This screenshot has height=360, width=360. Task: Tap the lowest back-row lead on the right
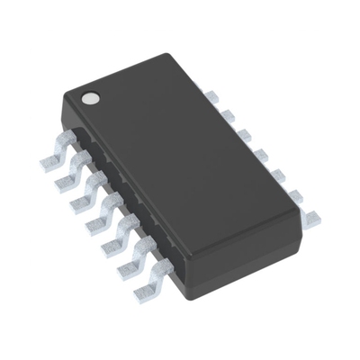[x=310, y=216]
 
